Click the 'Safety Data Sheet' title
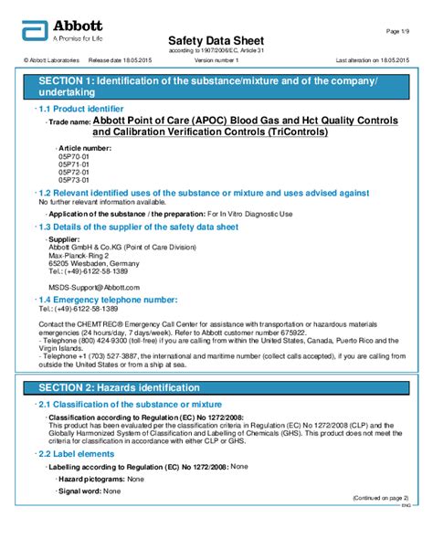(x=216, y=41)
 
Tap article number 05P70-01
(x=74, y=156)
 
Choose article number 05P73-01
(x=74, y=180)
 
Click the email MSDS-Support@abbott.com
(x=93, y=287)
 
